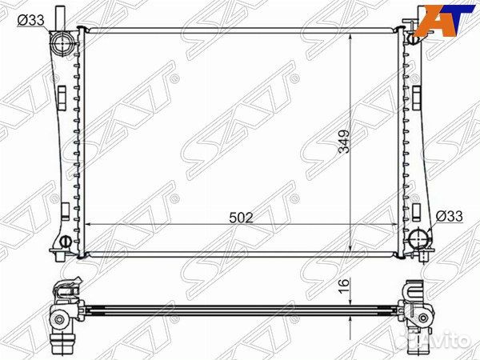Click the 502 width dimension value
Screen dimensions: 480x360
pos(242,218)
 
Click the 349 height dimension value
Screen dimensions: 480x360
pos(344,141)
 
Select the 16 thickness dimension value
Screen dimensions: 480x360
pos(344,286)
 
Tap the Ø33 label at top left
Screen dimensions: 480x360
pos(31,20)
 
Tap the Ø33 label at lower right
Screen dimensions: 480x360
pos(449,216)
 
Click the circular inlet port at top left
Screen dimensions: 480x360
pos(62,43)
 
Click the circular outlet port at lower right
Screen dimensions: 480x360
pos(418,238)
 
